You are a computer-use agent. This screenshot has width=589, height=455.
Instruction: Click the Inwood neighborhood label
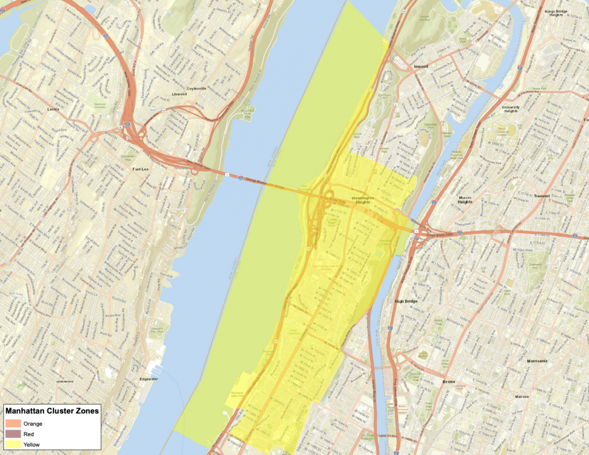[x=421, y=66]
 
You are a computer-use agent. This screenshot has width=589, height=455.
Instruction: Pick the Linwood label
[x=179, y=94]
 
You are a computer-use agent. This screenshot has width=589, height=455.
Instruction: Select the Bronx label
[x=448, y=381]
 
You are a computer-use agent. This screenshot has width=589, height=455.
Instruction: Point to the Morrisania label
[x=539, y=361]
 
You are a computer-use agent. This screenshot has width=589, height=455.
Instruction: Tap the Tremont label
[x=541, y=196]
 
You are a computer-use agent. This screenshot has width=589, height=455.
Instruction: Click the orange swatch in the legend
[x=13, y=423]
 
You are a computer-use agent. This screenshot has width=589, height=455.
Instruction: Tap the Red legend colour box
[x=13, y=434]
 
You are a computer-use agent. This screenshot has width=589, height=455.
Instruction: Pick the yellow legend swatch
[x=13, y=445]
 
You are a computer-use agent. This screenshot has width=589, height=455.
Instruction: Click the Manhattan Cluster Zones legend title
[x=52, y=411]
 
